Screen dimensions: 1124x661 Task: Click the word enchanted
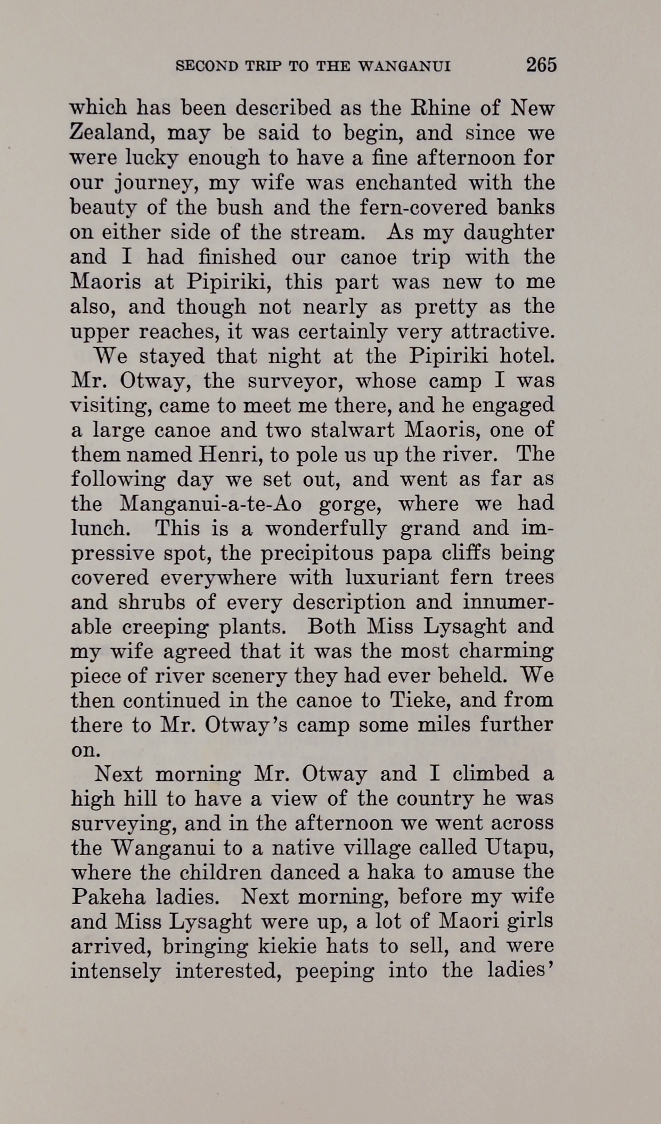(x=406, y=183)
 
